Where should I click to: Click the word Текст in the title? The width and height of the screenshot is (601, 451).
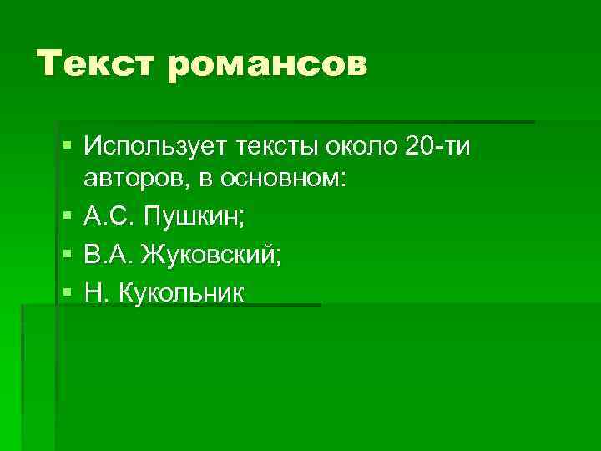pos(94,63)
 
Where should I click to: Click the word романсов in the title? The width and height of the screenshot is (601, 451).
pos(267,65)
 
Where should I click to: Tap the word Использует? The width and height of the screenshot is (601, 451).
pos(154,148)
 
